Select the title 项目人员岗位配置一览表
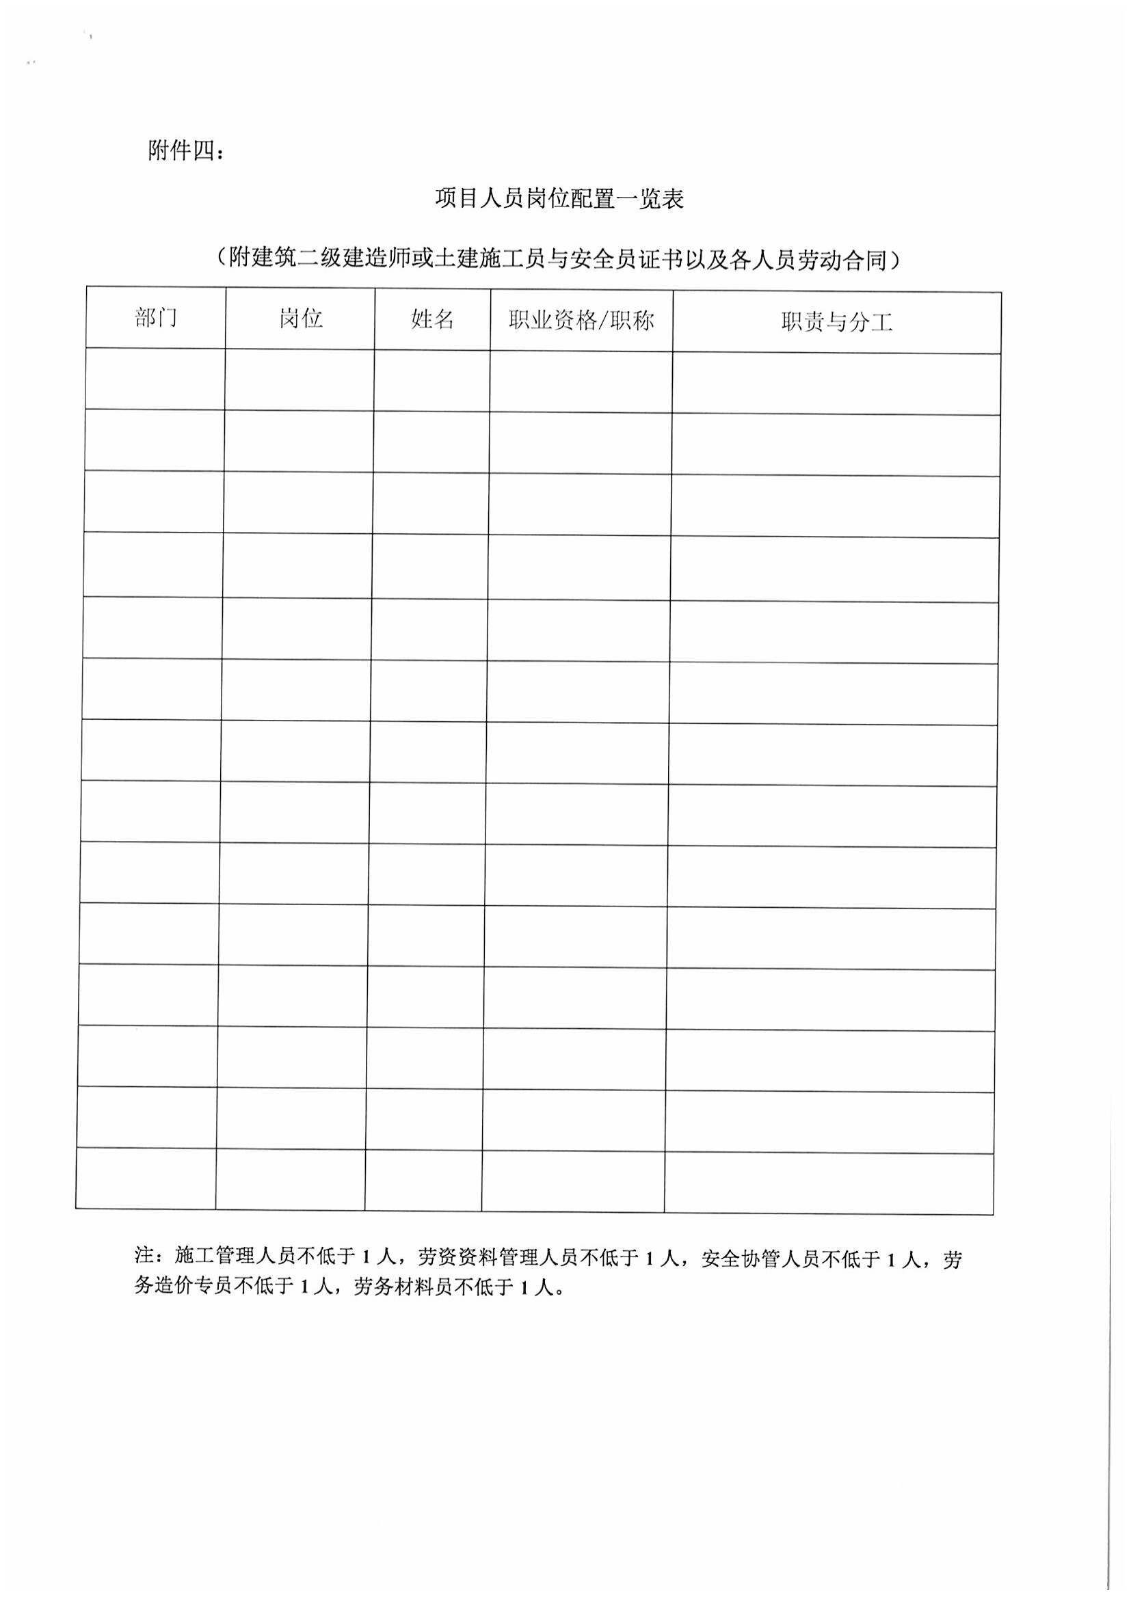(x=559, y=199)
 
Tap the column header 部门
(x=156, y=319)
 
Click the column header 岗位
(x=301, y=319)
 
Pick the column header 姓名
(x=432, y=320)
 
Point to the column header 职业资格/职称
(x=581, y=321)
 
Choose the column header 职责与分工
(x=836, y=323)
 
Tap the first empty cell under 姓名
(x=431, y=380)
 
